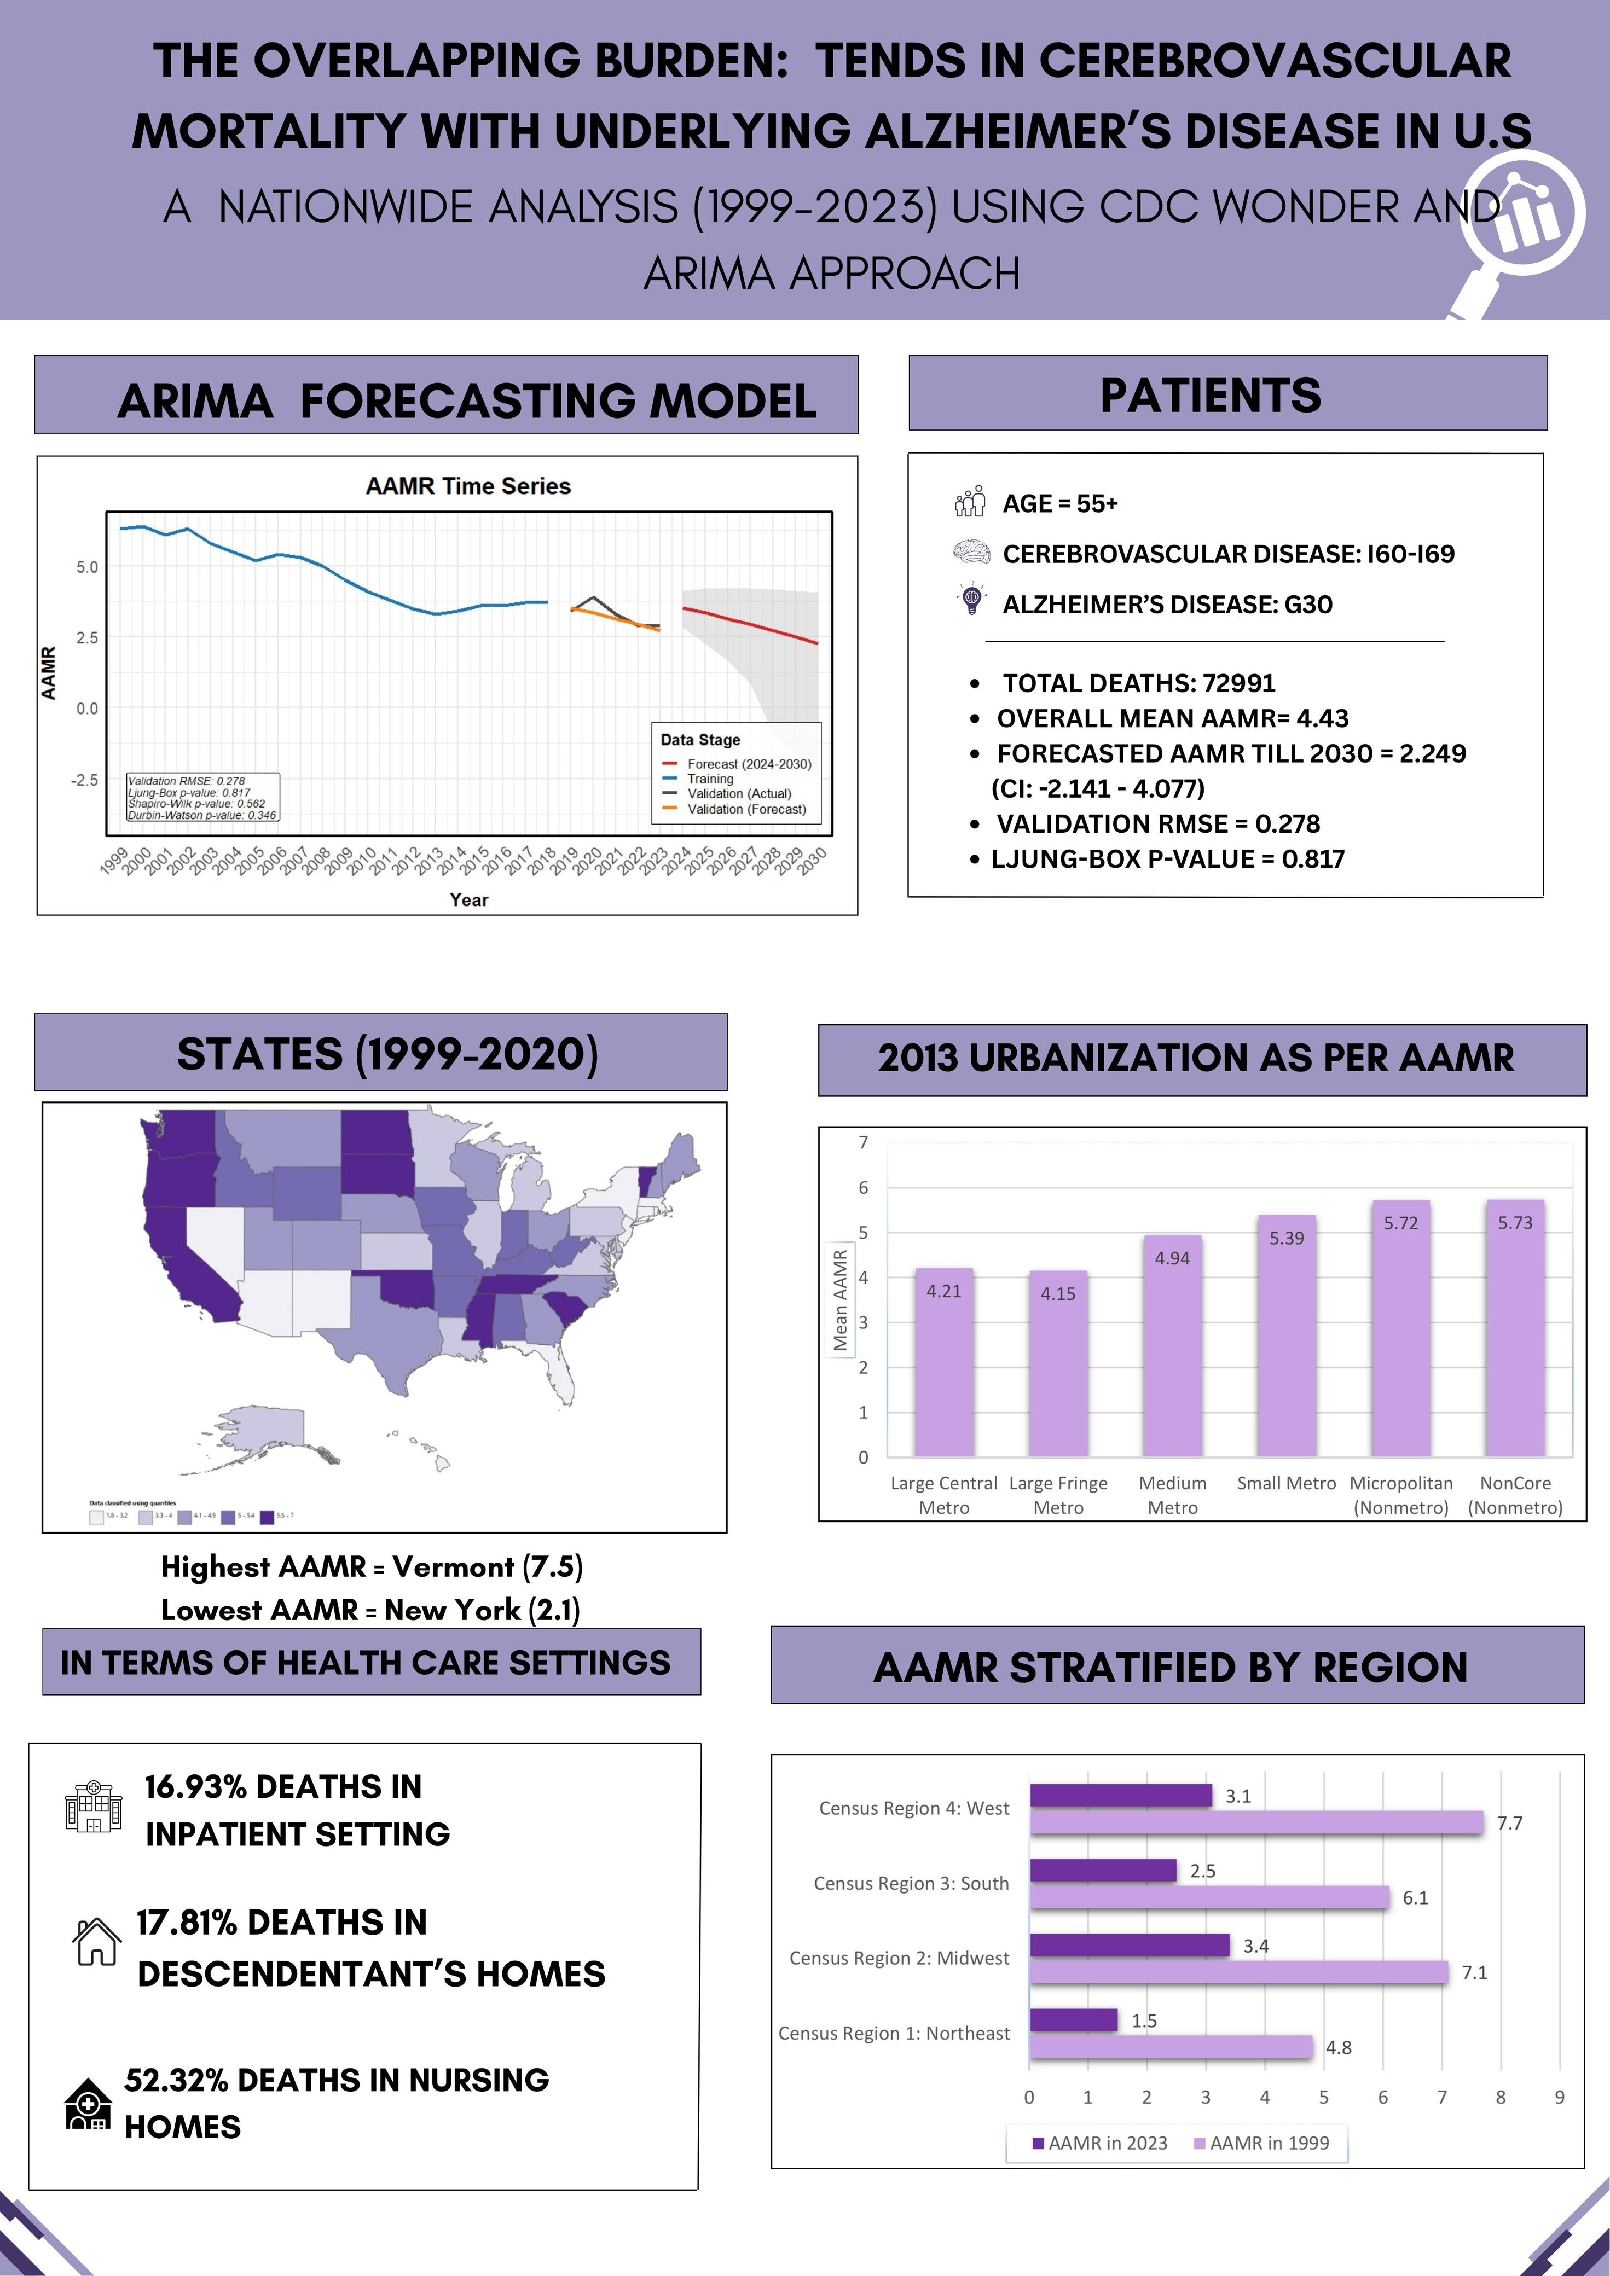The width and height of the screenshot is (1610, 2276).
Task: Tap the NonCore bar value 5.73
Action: coord(1515,1222)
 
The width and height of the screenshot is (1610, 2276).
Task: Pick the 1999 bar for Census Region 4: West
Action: coord(1256,1822)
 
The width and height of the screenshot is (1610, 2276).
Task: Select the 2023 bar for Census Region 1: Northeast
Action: coord(1074,2019)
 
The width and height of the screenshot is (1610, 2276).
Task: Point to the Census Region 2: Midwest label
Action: coord(899,1958)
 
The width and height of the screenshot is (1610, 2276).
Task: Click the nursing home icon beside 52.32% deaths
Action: coord(87,2104)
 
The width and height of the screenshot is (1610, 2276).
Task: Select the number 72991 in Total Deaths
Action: coord(1238,683)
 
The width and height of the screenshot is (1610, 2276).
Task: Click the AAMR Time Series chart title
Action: coord(468,486)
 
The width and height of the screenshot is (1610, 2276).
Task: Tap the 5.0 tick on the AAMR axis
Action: coord(87,567)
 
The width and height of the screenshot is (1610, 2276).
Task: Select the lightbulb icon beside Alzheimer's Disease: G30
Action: coord(971,600)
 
